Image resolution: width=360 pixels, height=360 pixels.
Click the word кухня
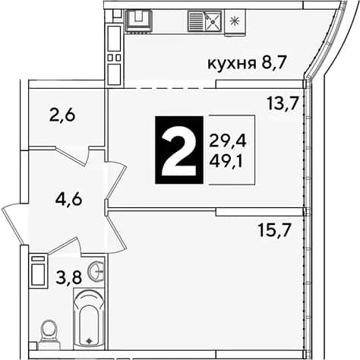click(232, 65)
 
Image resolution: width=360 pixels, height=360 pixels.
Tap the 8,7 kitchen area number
click(274, 63)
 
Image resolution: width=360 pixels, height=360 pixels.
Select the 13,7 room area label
click(282, 104)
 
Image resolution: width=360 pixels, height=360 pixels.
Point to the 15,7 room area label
click(273, 230)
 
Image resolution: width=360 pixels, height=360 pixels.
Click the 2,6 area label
click(62, 116)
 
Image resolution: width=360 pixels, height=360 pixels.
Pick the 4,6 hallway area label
click(69, 200)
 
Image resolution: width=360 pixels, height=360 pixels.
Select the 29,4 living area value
click(228, 141)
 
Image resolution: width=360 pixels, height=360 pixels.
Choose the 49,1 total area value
click(226, 162)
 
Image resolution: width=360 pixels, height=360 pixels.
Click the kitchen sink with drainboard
click(205, 21)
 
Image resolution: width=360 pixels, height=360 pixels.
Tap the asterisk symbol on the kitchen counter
click(235, 21)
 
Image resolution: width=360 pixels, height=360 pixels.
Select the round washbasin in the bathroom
click(96, 271)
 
